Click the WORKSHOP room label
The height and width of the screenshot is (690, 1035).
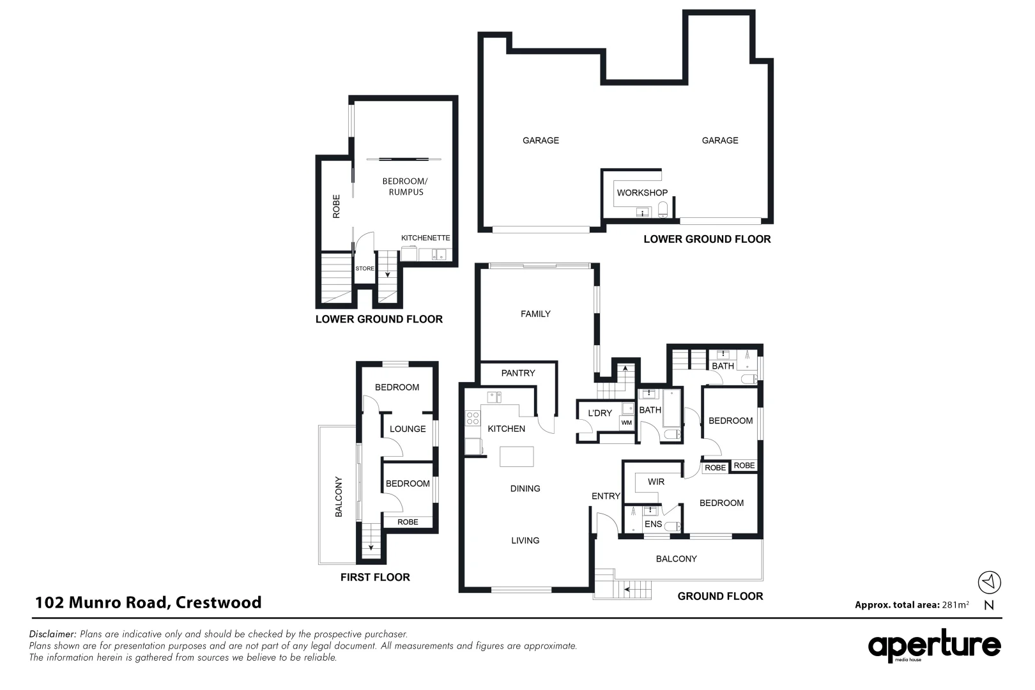pos(642,193)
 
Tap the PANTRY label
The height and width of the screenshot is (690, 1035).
pos(518,373)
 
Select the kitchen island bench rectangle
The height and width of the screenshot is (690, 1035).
pos(517,457)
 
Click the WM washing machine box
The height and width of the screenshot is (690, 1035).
pos(626,423)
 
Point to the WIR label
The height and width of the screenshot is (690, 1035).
pos(656,482)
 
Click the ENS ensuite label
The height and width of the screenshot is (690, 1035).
pos(653,524)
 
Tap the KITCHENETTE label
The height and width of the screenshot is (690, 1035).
pos(425,238)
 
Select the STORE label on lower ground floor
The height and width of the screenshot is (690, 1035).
pos(365,268)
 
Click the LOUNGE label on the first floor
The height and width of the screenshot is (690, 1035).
pos(408,429)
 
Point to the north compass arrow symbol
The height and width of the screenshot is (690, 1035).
pos(989,582)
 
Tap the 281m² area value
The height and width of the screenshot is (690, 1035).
pos(955,604)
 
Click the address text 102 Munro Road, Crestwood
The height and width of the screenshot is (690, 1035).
pos(148,602)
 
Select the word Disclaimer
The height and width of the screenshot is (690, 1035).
pos(52,634)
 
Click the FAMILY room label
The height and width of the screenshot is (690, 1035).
pos(535,314)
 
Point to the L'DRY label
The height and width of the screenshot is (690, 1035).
pos(600,413)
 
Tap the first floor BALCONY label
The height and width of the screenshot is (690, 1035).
pos(339,497)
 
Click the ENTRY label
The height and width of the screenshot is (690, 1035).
pos(606,496)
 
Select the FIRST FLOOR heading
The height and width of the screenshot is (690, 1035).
pos(375,578)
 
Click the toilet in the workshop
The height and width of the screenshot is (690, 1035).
pos(663,209)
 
